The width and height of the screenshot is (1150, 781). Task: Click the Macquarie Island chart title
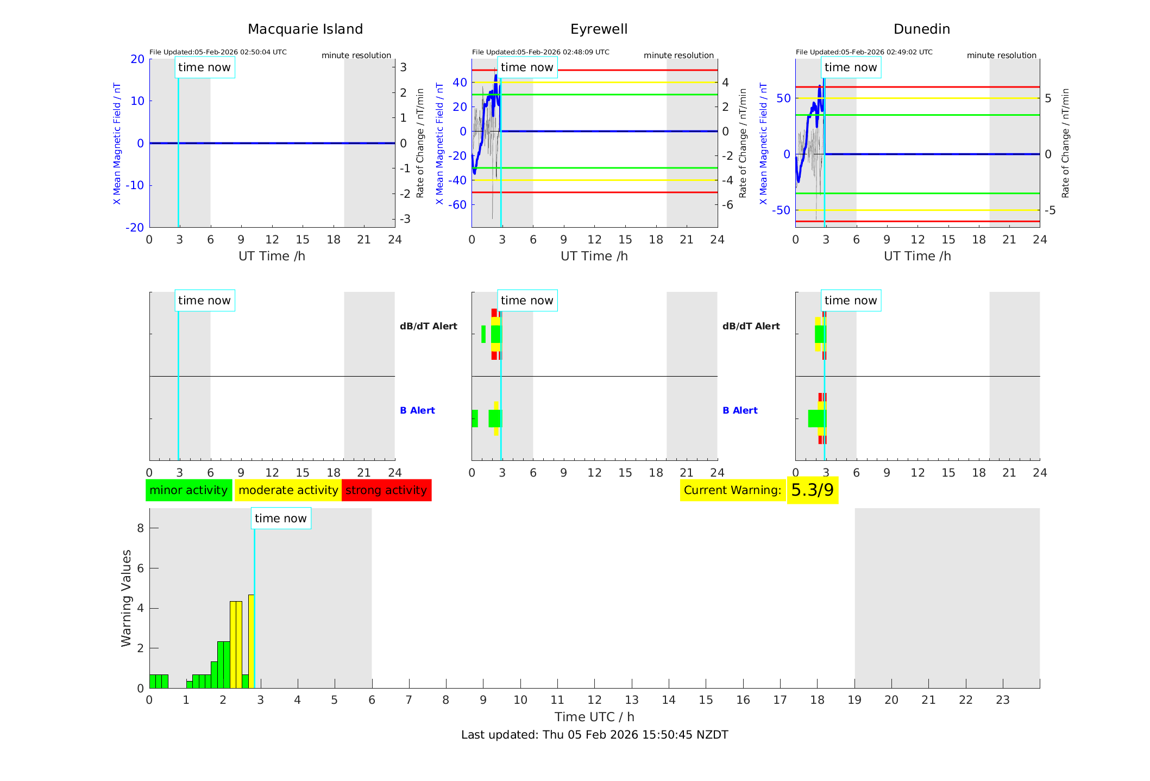pos(305,29)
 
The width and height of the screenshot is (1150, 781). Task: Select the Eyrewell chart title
pos(599,29)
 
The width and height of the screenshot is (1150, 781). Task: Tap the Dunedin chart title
pos(921,29)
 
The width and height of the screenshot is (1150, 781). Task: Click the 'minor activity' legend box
pos(188,490)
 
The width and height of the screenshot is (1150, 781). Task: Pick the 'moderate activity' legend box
pos(288,490)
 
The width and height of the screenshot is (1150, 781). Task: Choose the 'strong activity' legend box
pos(386,490)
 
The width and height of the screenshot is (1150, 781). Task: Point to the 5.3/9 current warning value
pos(812,490)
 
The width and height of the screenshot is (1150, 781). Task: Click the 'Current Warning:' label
pos(732,490)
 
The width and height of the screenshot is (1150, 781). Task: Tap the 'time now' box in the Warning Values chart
pos(280,518)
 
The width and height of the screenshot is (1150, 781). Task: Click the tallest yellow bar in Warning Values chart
pos(251,641)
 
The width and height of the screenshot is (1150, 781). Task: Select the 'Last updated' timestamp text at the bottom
pos(594,735)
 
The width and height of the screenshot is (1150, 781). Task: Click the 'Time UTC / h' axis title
pos(594,717)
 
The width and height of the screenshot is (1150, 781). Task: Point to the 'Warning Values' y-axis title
pos(127,598)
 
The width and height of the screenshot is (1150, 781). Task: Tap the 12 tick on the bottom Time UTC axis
pos(594,700)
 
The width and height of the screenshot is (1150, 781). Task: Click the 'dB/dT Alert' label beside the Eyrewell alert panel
pos(428,326)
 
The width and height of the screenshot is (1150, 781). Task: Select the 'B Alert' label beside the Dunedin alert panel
pos(740,410)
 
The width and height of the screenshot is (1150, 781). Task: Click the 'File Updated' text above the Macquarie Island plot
pos(218,52)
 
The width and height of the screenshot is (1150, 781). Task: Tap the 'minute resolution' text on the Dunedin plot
pos(1001,55)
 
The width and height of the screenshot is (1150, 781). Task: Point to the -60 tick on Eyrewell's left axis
pos(460,205)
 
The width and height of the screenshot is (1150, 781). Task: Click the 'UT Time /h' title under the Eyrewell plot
pos(594,256)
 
